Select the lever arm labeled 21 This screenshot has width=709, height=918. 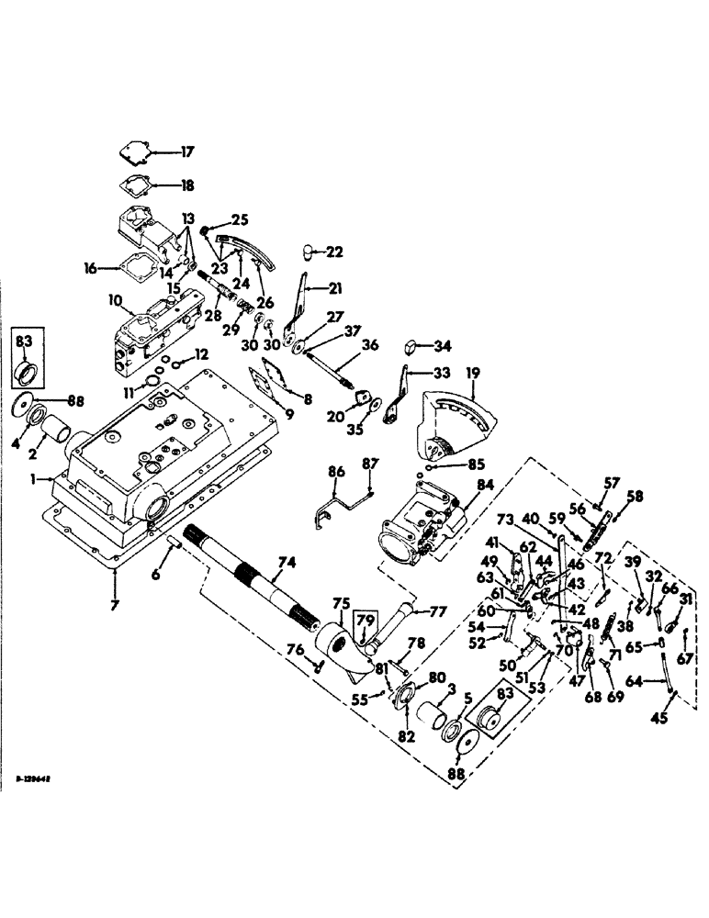pyautogui.click(x=297, y=303)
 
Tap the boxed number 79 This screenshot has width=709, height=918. pyautogui.click(x=365, y=620)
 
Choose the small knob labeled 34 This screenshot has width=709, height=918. pyautogui.click(x=412, y=346)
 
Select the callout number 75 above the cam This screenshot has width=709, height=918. pyautogui.click(x=341, y=603)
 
